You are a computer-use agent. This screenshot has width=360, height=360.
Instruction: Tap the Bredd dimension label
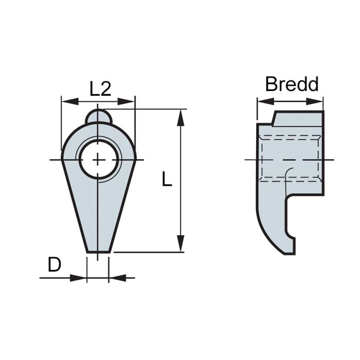292,84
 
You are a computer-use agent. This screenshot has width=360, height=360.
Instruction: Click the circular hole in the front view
98,159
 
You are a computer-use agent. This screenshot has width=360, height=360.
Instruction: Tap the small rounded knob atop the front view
98,116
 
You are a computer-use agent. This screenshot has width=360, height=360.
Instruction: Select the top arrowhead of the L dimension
181,116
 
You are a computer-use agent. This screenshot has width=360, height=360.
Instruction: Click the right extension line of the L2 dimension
135,123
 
